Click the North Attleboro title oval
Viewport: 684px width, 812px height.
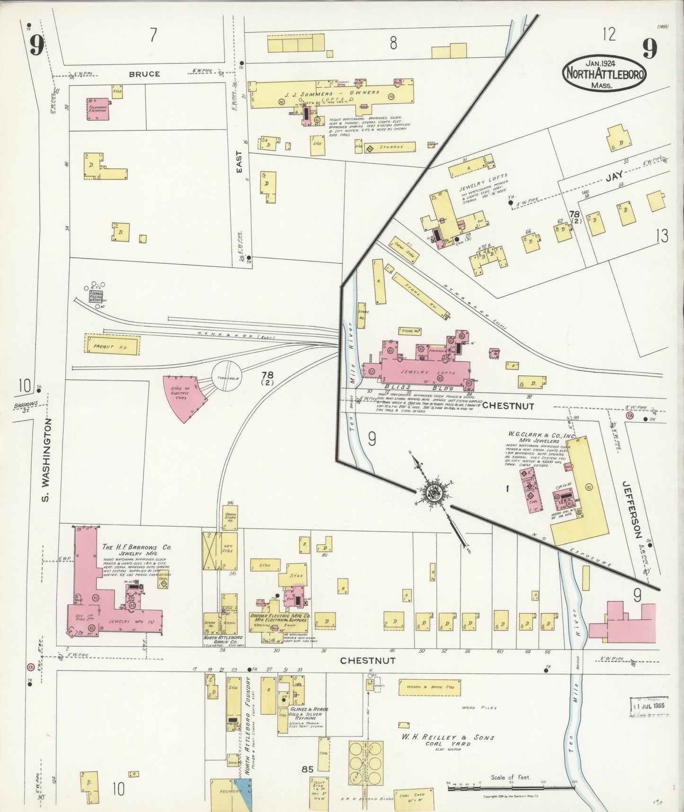pos(604,74)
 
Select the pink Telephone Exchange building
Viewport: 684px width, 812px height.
pos(98,108)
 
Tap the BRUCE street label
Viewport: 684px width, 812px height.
pos(144,74)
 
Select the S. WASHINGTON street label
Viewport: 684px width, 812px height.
pos(46,459)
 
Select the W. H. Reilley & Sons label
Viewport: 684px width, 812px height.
pos(448,737)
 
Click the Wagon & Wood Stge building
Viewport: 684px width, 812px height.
pos(429,687)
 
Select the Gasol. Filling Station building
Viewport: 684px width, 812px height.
pos(98,297)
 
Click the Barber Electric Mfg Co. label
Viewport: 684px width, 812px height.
pos(280,616)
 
